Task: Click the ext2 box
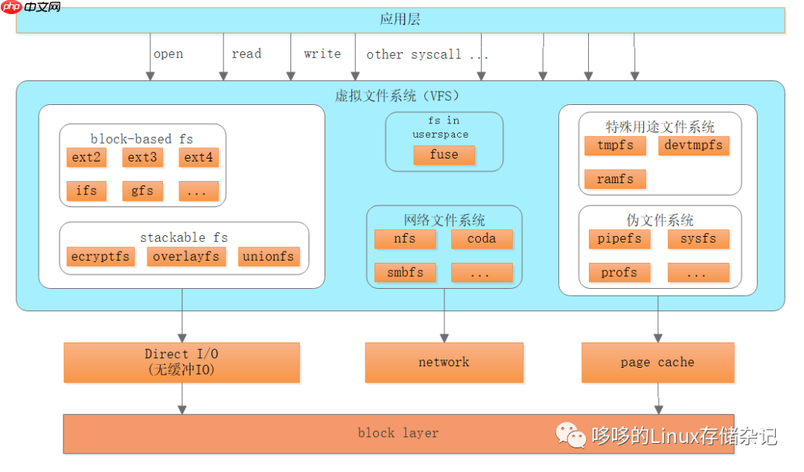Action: [86, 157]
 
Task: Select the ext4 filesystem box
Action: [199, 157]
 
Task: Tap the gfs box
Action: [142, 191]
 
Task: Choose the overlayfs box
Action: [186, 257]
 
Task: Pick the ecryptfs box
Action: [100, 257]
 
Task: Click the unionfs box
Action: [269, 257]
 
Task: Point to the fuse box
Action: [444, 155]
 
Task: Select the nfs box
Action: [405, 239]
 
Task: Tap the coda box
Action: [482, 239]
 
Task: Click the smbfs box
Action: [405, 272]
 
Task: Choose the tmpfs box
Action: [615, 145]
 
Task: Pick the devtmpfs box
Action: [693, 145]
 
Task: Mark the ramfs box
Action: [615, 179]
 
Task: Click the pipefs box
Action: [619, 239]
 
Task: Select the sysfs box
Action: [698, 239]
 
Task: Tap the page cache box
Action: [657, 363]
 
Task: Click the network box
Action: [444, 363]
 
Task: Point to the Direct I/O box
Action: [182, 362]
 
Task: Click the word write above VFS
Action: [322, 54]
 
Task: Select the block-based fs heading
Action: [141, 139]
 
